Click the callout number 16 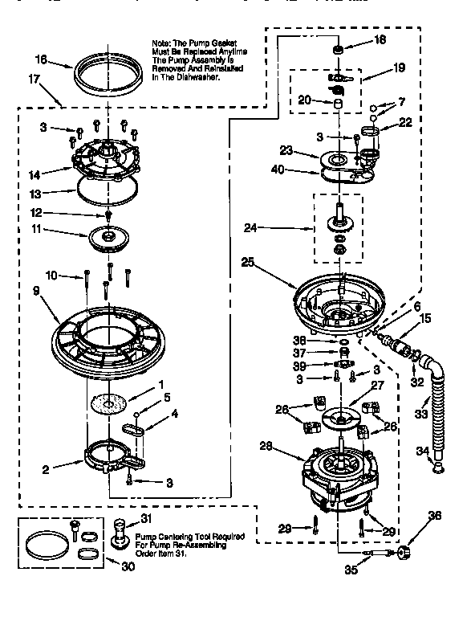pyautogui.click(x=42, y=59)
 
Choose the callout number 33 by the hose pyautogui.click(x=421, y=414)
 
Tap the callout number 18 pyautogui.click(x=380, y=39)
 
